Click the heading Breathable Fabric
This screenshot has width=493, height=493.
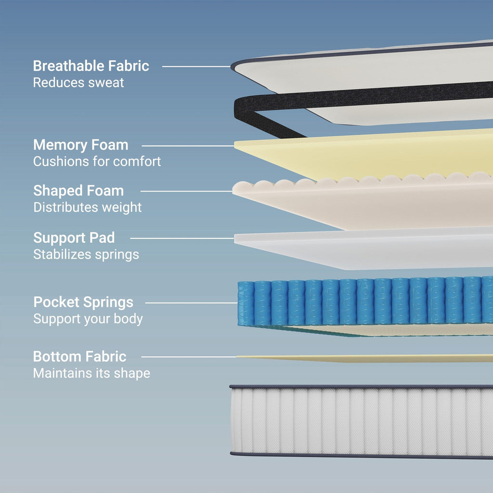point(91,66)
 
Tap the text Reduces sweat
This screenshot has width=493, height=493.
point(78,82)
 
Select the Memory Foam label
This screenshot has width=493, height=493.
point(81,145)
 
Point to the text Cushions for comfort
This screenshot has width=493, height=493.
point(97,161)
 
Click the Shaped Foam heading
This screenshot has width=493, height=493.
point(78,191)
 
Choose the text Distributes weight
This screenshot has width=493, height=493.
point(87,208)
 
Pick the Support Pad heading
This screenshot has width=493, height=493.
point(74,238)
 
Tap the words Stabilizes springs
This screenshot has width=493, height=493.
point(86,254)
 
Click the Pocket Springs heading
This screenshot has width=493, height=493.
point(83,302)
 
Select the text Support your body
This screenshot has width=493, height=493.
point(88,319)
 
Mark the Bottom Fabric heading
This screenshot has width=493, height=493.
point(80,357)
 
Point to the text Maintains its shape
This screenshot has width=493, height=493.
point(91,373)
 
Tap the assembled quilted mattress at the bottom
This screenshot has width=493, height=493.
point(361,421)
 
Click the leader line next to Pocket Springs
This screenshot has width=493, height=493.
point(191,303)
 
